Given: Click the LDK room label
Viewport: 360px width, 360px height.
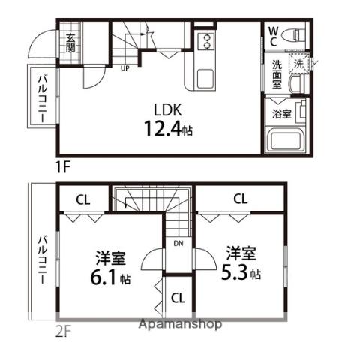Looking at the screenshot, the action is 168,109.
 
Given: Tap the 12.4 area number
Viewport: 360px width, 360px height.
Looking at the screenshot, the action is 162,128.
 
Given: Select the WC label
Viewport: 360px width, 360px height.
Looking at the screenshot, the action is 273,37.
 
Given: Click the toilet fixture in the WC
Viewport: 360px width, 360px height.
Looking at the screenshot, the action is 293,35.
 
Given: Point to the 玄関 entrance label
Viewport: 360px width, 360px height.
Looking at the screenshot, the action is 70,43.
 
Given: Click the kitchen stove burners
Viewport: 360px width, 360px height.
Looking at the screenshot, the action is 206,42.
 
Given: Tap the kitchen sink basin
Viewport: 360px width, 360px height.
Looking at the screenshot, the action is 205,79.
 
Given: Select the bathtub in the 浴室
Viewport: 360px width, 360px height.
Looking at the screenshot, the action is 285,140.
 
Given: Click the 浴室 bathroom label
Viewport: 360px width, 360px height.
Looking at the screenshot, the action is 282,114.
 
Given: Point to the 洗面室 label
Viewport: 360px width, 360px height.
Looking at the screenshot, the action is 277,74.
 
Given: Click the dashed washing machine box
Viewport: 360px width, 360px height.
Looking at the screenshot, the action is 298,64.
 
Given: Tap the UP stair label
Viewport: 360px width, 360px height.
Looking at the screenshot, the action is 125,68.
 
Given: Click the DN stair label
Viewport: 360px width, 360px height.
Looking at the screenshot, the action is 178,243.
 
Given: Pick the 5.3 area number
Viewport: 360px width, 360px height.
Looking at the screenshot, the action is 236,272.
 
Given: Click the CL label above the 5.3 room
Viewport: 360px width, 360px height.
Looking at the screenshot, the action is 241,199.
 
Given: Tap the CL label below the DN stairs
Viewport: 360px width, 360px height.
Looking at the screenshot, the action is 178,298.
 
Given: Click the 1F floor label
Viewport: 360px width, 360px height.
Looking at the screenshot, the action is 62,167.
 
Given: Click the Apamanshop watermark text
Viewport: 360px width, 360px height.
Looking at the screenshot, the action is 180,324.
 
